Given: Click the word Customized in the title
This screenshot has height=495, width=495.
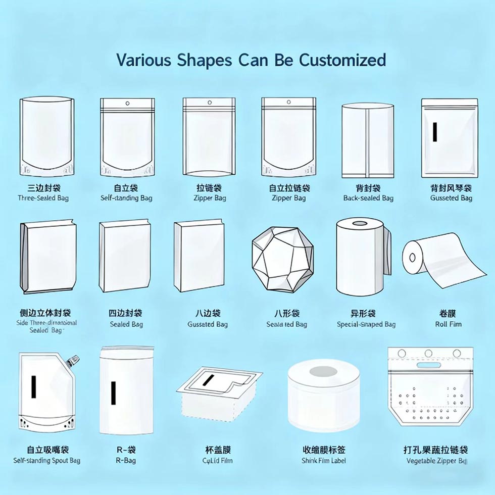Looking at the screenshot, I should pos(342,60).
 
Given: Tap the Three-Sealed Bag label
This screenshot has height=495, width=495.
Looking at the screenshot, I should pos(43,198).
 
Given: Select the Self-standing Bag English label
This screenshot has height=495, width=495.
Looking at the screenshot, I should pos(126,198).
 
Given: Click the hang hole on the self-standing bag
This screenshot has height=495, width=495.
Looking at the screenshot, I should pos(127,105).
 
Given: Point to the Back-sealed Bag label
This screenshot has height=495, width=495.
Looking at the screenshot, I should pos(368,198).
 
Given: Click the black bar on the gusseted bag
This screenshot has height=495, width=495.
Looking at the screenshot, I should pos(435,131).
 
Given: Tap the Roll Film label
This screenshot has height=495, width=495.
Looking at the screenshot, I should pos(448,324).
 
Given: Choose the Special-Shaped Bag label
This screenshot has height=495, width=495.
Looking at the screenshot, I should pos(366,324).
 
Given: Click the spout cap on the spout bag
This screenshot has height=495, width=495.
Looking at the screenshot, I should pos(74,360).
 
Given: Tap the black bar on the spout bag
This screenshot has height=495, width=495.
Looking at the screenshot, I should pos(33,386).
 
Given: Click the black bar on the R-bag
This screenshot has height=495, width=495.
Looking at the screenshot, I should pos(113,393).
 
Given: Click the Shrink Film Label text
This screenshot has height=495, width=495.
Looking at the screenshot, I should pos(324,461).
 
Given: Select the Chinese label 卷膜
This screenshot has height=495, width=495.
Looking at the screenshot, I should pos(449,314).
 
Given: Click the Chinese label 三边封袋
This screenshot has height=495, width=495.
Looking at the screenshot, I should pos(43,188).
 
